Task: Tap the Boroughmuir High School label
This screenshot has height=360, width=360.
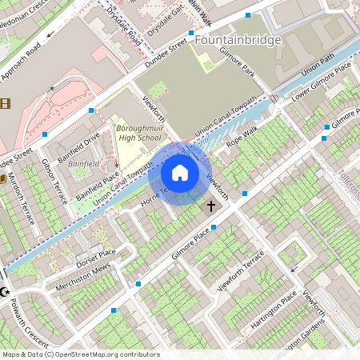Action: tap(138, 133)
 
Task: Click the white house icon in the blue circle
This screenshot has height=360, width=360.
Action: tap(180, 173)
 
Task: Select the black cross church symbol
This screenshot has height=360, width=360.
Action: tap(211, 206)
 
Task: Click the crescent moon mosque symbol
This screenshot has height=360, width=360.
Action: tap(5, 291)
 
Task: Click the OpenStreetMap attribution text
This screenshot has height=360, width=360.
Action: tap(80, 354)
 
